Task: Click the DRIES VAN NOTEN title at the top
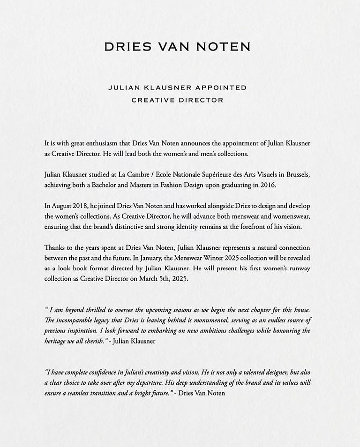[x=177, y=47]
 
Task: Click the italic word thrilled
[x=104, y=310]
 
